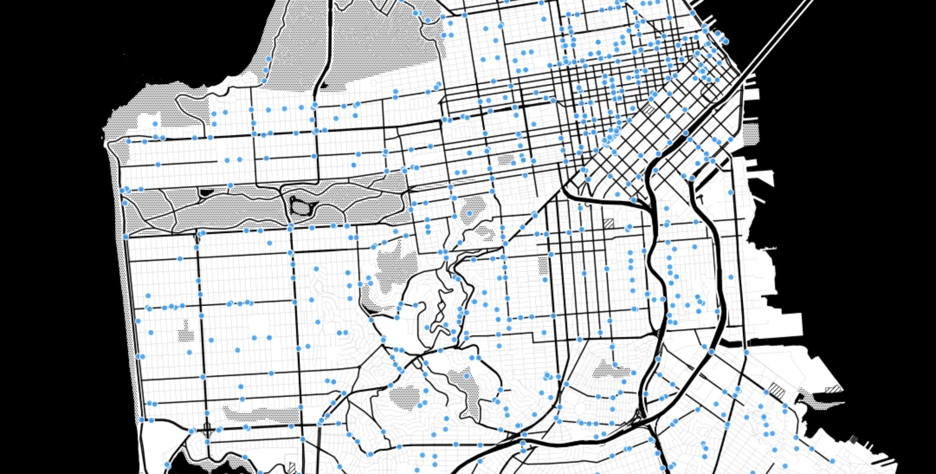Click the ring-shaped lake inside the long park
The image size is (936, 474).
point(301,207)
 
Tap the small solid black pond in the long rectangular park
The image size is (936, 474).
point(206,192)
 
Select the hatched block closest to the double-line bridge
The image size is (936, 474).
point(648,109)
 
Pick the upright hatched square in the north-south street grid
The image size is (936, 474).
point(609,224)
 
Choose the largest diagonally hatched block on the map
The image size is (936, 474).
point(777,390)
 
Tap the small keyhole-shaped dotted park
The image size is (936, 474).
point(186,332)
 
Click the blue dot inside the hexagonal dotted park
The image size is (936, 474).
point(469,213)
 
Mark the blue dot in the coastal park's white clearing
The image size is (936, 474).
point(155,124)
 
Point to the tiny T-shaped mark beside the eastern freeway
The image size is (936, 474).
point(701,199)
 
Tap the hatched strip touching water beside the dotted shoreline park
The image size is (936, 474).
point(833,389)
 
